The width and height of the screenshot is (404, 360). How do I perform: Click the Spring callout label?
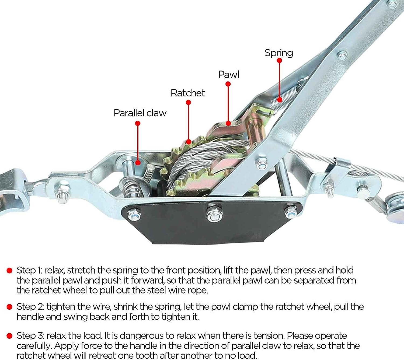pyautogui.click(x=279, y=53)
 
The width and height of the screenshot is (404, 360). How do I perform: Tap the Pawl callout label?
pyautogui.click(x=228, y=75)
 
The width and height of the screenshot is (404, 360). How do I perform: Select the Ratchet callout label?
pyautogui.click(x=188, y=93)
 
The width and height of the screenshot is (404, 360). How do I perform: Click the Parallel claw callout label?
pyautogui.click(x=140, y=113)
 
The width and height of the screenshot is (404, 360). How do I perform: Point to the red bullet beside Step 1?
pyautogui.click(x=10, y=271)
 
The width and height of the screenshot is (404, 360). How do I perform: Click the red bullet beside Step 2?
pyautogui.click(x=10, y=307)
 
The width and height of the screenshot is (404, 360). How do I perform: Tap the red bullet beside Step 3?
pyautogui.click(x=10, y=336)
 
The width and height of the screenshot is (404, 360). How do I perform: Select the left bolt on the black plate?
pyautogui.click(x=134, y=215)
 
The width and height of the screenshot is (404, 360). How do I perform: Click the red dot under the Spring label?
pyautogui.click(x=279, y=60)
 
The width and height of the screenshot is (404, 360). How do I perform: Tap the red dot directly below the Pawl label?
pyautogui.click(x=228, y=84)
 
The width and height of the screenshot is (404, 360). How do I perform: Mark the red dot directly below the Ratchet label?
pyautogui.click(x=189, y=103)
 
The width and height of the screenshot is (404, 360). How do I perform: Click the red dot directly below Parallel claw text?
pyautogui.click(x=138, y=123)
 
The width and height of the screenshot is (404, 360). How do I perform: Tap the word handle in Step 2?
pyautogui.click(x=30, y=317)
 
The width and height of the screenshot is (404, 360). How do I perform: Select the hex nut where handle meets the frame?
pyautogui.click(x=262, y=163)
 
